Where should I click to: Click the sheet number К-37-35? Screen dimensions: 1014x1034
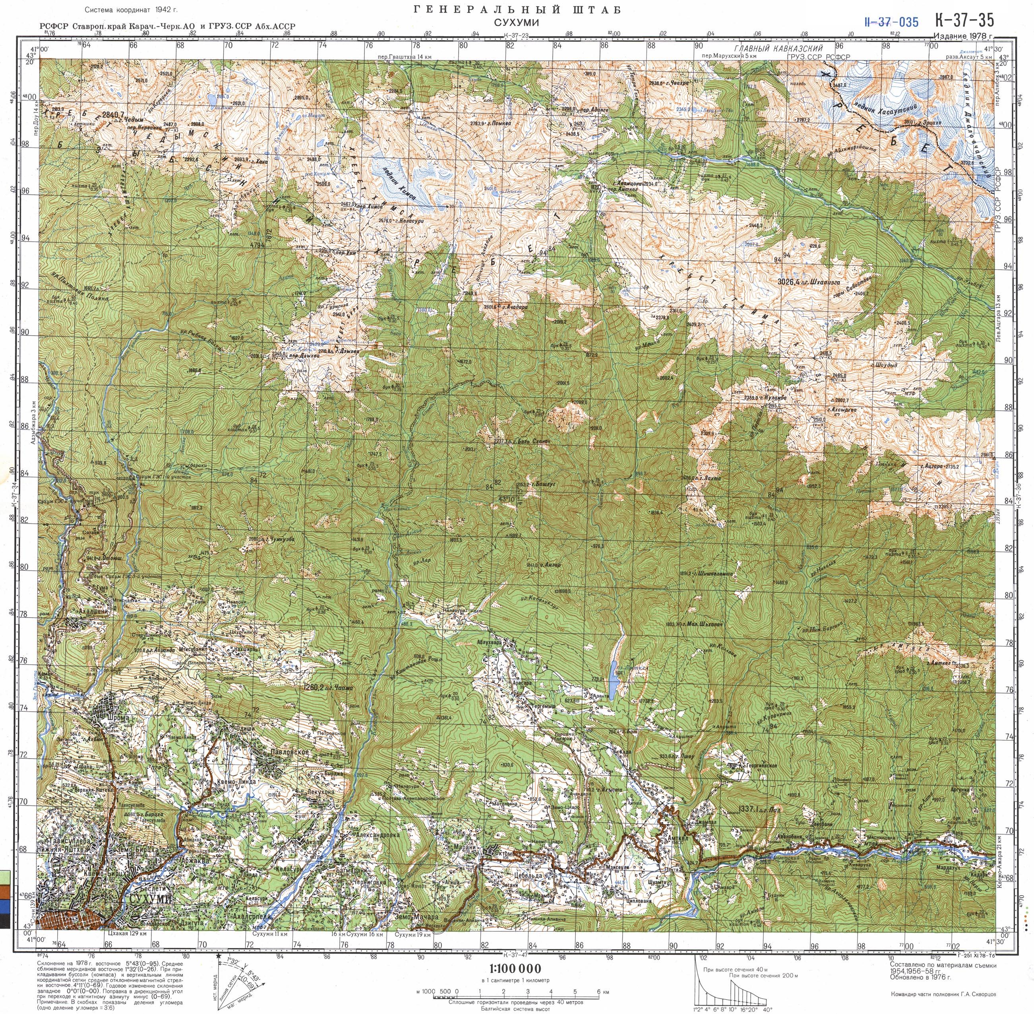click(964, 20)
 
